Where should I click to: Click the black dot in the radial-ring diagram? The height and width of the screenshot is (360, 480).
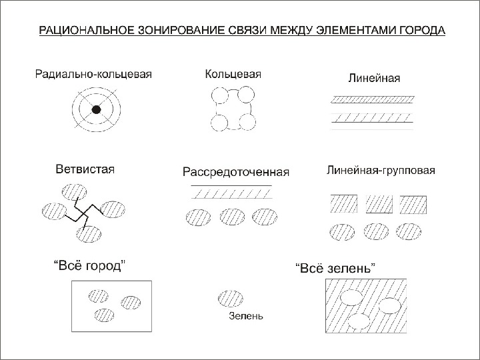click(96, 110)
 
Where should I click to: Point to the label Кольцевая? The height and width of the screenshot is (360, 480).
click(233, 74)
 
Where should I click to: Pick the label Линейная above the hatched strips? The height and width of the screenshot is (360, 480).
click(374, 78)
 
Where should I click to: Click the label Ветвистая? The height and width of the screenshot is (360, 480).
click(85, 169)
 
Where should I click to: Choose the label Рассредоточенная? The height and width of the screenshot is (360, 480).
click(236, 172)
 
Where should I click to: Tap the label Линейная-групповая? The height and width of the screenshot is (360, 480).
click(381, 170)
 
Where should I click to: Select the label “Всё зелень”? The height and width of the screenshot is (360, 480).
click(335, 267)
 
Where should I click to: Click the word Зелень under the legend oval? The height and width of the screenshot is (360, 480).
click(245, 316)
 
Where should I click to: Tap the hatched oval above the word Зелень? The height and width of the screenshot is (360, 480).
click(231, 297)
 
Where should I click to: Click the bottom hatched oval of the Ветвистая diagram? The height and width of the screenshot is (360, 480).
click(89, 233)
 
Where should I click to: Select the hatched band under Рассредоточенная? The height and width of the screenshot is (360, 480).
click(231, 193)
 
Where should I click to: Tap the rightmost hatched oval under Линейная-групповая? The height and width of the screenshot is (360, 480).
click(409, 231)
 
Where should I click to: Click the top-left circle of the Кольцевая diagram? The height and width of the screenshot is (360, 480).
click(219, 99)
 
